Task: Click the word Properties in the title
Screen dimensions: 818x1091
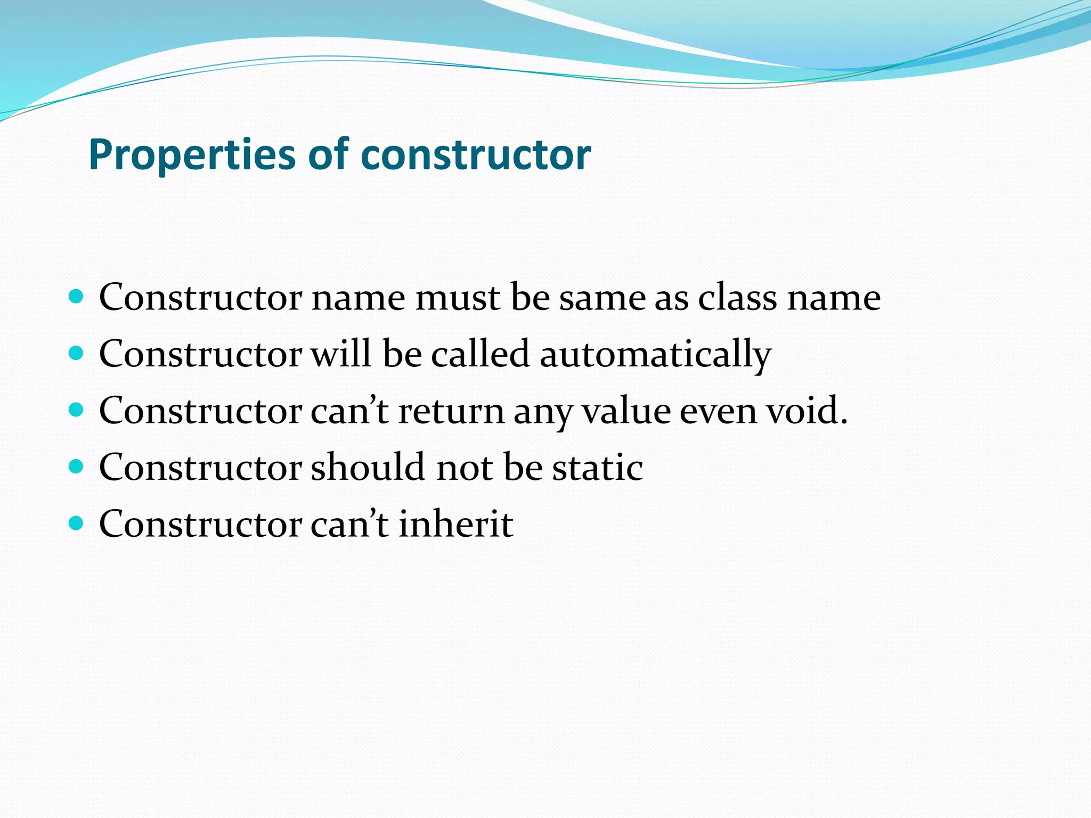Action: coord(192,154)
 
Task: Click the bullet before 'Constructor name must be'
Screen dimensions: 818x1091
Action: coord(77,296)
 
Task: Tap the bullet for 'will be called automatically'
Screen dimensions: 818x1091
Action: coord(77,353)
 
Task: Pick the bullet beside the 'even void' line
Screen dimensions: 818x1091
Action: coord(77,410)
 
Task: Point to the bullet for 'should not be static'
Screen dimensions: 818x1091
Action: coord(77,467)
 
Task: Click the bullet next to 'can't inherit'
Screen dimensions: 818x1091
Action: coord(77,523)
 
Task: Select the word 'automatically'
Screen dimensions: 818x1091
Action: coord(655,354)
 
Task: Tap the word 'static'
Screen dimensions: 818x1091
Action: coord(597,467)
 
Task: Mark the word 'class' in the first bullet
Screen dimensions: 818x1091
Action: coord(737,297)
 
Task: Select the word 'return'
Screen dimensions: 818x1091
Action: coord(451,411)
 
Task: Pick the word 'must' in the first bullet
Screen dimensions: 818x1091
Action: coord(458,297)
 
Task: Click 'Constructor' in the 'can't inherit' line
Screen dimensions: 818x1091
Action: coord(200,523)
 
